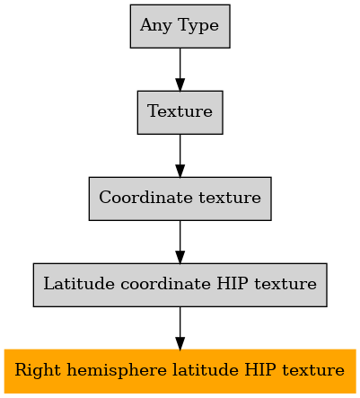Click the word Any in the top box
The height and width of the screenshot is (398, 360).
point(155,25)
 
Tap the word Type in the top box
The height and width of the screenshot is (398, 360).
point(198,25)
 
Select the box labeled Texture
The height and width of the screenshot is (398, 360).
point(180,112)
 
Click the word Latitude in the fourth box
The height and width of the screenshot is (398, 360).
point(79,284)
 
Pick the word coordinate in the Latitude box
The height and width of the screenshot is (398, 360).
point(165,284)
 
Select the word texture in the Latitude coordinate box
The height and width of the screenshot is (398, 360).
point(285,284)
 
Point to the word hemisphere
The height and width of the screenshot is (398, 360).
point(117,370)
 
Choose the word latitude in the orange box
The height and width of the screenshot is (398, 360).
point(206,370)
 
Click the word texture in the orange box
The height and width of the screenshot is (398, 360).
point(313,370)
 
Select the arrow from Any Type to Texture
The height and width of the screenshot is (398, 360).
point(180,69)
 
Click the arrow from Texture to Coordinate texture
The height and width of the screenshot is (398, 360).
point(180,155)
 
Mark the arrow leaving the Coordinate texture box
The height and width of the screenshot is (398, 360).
point(180,242)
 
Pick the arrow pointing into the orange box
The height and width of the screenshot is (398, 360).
point(180,328)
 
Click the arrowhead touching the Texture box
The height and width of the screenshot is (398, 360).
point(180,84)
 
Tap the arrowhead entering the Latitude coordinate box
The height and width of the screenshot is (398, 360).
point(180,258)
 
